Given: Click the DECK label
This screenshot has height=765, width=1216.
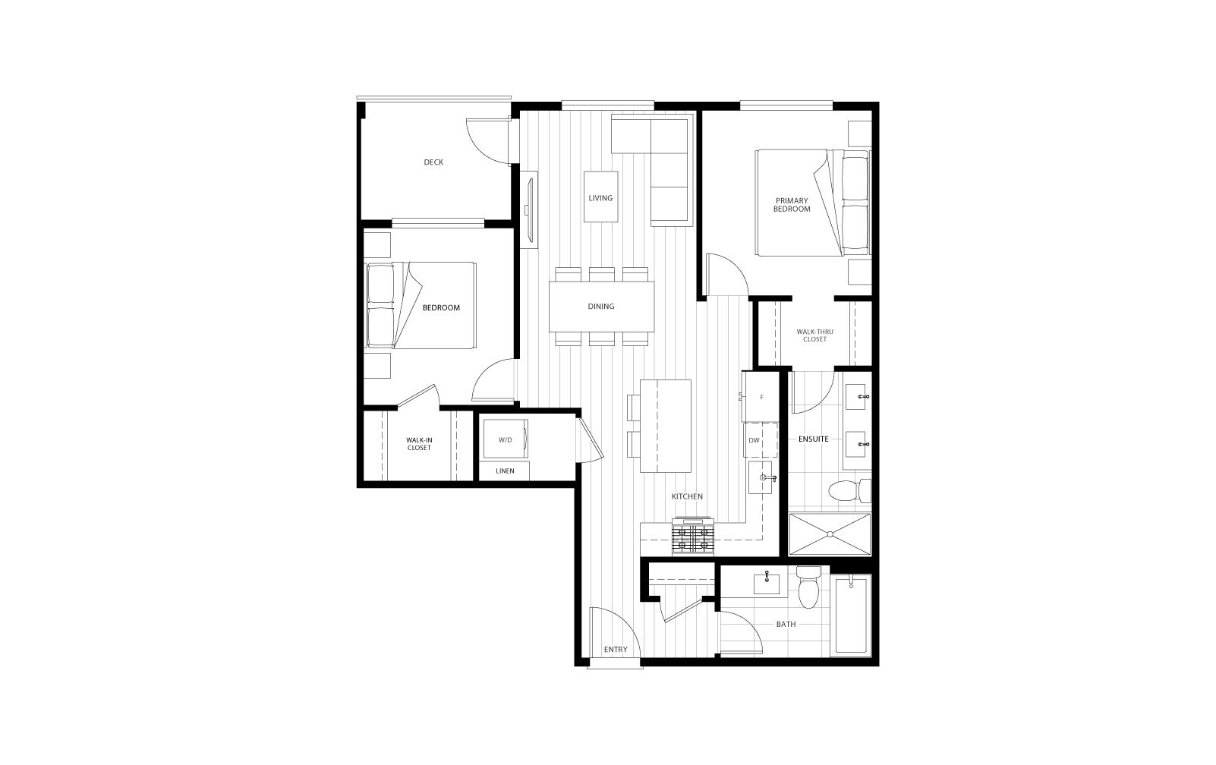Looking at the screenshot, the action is pyautogui.click(x=433, y=162).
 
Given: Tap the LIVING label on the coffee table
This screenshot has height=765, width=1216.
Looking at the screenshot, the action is pyautogui.click(x=600, y=198).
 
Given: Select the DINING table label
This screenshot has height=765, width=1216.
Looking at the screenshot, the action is pyautogui.click(x=601, y=307).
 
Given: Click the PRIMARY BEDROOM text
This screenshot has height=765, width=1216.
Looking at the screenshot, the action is pyautogui.click(x=792, y=205).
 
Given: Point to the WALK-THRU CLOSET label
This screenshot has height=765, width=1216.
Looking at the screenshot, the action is pyautogui.click(x=814, y=335).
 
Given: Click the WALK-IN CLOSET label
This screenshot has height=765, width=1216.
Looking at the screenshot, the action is pyautogui.click(x=419, y=444).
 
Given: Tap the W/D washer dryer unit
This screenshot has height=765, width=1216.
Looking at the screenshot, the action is pyautogui.click(x=506, y=439).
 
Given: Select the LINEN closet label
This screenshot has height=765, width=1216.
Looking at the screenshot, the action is pyautogui.click(x=505, y=471).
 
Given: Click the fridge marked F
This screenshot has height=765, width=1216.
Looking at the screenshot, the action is pyautogui.click(x=761, y=397).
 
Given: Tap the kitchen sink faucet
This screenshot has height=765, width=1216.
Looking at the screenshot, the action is pyautogui.click(x=768, y=478).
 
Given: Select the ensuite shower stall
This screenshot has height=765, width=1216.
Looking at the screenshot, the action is pyautogui.click(x=830, y=534).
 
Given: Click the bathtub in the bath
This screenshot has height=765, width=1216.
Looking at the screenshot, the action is pyautogui.click(x=851, y=615).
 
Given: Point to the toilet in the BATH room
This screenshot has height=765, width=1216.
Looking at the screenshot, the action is pyautogui.click(x=809, y=587).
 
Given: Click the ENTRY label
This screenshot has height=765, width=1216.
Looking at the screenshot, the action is pyautogui.click(x=616, y=650).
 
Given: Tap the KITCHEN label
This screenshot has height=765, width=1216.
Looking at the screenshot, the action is pyautogui.click(x=687, y=497).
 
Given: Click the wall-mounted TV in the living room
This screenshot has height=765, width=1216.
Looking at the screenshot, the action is pyautogui.click(x=529, y=209).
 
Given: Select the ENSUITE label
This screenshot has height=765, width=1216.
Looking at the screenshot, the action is pyautogui.click(x=813, y=439).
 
